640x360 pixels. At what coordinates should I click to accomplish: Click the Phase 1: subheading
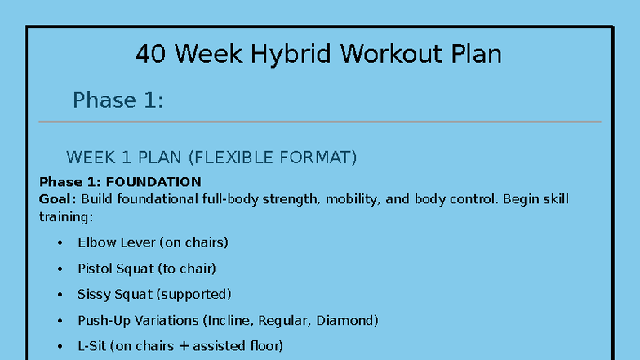[118, 100]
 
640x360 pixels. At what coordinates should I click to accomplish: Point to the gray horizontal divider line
[319, 122]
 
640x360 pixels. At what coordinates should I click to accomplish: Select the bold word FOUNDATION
[153, 182]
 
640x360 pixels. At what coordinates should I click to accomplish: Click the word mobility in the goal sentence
[351, 199]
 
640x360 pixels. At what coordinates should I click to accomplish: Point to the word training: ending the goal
[66, 217]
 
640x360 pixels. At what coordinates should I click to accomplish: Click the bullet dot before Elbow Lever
[60, 243]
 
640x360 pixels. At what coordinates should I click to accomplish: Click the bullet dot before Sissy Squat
[60, 295]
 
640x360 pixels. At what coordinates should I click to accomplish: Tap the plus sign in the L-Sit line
[183, 346]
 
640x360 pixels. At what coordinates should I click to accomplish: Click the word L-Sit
[92, 346]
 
